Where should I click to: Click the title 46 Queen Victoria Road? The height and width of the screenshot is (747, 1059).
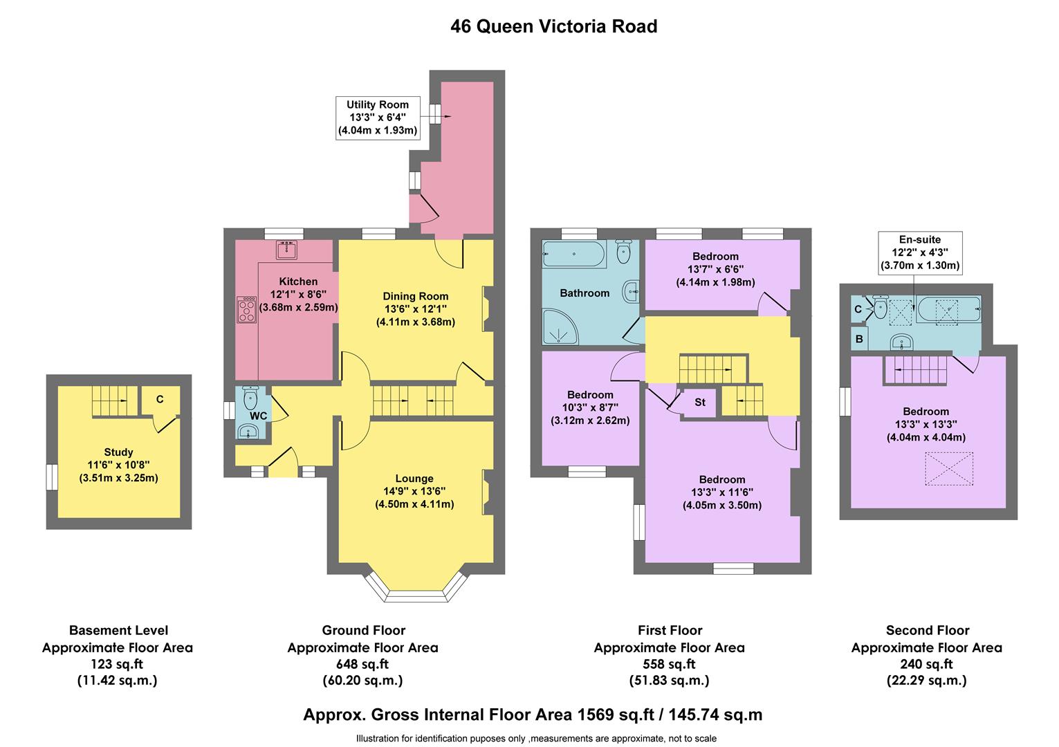[x=553, y=27]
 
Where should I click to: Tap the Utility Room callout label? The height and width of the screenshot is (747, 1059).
[x=378, y=118]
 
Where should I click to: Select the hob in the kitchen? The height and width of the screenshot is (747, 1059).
[x=246, y=310]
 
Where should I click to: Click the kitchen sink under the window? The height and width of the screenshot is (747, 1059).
[x=286, y=250]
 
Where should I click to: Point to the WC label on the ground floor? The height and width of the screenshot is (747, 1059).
[x=258, y=416]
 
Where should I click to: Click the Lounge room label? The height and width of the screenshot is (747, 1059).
[x=414, y=479]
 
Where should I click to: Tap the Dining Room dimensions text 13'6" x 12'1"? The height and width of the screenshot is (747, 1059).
[x=416, y=309]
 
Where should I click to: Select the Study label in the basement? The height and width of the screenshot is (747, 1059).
[x=118, y=452]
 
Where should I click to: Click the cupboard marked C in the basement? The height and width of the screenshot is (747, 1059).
[x=160, y=399]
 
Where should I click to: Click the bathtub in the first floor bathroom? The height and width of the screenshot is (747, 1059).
[x=574, y=254]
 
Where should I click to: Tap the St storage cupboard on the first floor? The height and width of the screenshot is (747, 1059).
[x=699, y=402]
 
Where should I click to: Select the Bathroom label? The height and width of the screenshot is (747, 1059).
[x=584, y=293]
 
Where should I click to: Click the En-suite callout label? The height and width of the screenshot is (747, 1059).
[x=919, y=252]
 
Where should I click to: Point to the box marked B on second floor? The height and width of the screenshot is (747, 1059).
[x=859, y=340]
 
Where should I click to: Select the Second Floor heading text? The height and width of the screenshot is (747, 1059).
[x=927, y=630]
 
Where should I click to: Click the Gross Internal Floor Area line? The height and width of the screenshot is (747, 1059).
[x=533, y=714]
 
